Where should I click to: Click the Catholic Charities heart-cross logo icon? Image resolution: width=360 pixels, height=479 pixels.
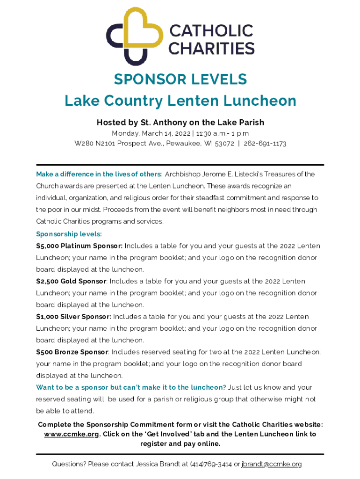[x=135, y=36]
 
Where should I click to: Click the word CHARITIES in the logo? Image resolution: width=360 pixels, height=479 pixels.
[x=211, y=48]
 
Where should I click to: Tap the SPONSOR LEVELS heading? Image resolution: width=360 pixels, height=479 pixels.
[x=180, y=80]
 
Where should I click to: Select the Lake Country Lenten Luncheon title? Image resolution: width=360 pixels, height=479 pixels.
[x=180, y=101]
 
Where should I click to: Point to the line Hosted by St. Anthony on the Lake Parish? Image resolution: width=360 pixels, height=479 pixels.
[x=180, y=123]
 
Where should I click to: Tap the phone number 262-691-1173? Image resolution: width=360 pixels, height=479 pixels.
[x=265, y=144]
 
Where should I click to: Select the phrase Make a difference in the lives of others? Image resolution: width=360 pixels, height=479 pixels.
[x=99, y=174]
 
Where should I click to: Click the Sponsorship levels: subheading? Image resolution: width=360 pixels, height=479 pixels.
[x=69, y=234]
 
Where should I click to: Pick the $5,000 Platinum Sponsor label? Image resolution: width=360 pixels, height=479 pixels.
[x=79, y=246]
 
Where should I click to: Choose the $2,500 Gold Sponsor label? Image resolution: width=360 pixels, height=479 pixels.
[x=72, y=281]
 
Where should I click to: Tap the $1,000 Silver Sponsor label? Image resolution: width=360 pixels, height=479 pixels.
[x=73, y=317]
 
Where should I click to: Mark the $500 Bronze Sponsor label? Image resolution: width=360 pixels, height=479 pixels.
[x=72, y=352]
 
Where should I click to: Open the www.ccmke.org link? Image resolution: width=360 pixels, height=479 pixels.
[x=72, y=434]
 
